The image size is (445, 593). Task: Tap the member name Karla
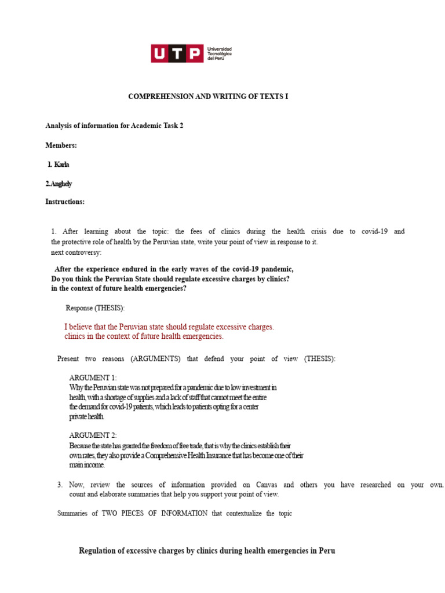(x=62, y=164)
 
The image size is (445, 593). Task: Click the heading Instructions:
(x=65, y=202)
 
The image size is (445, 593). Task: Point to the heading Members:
(x=61, y=145)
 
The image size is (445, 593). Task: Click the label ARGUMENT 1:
(x=93, y=378)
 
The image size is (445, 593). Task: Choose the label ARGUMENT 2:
(x=93, y=435)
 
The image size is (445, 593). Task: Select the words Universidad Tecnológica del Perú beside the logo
(x=219, y=54)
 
